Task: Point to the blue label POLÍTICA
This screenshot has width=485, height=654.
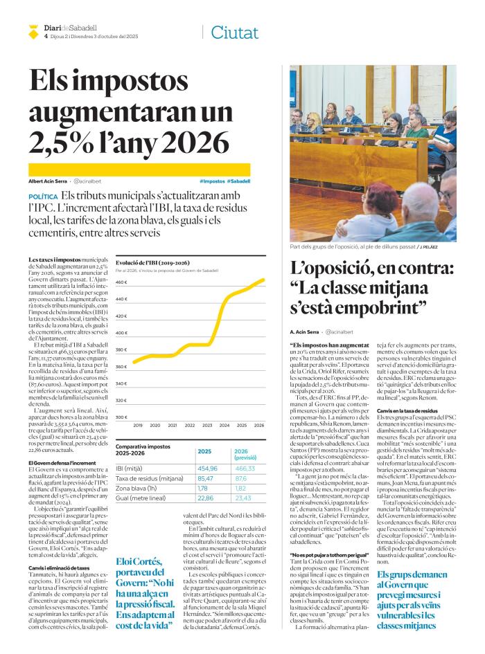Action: pyautogui.click(x=43, y=197)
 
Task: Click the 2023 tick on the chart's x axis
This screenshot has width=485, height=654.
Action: pyautogui.click(x=207, y=425)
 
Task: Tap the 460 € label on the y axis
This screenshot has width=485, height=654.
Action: pyautogui.click(x=121, y=282)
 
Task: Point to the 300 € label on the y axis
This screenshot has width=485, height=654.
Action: pyautogui.click(x=121, y=417)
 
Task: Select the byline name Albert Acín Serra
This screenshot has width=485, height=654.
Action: pyautogui.click(x=47, y=181)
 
